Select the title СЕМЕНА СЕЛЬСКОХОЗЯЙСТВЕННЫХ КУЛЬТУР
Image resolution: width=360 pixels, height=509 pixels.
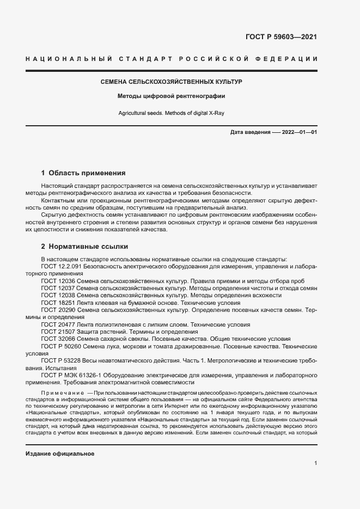[x=172, y=82]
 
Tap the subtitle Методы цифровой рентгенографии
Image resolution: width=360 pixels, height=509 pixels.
[x=172, y=96]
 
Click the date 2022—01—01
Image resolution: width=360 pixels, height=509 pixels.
[x=299, y=133]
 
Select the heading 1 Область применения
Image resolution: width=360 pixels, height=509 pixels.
[x=83, y=173]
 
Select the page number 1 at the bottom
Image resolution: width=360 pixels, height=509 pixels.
[x=315, y=463]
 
